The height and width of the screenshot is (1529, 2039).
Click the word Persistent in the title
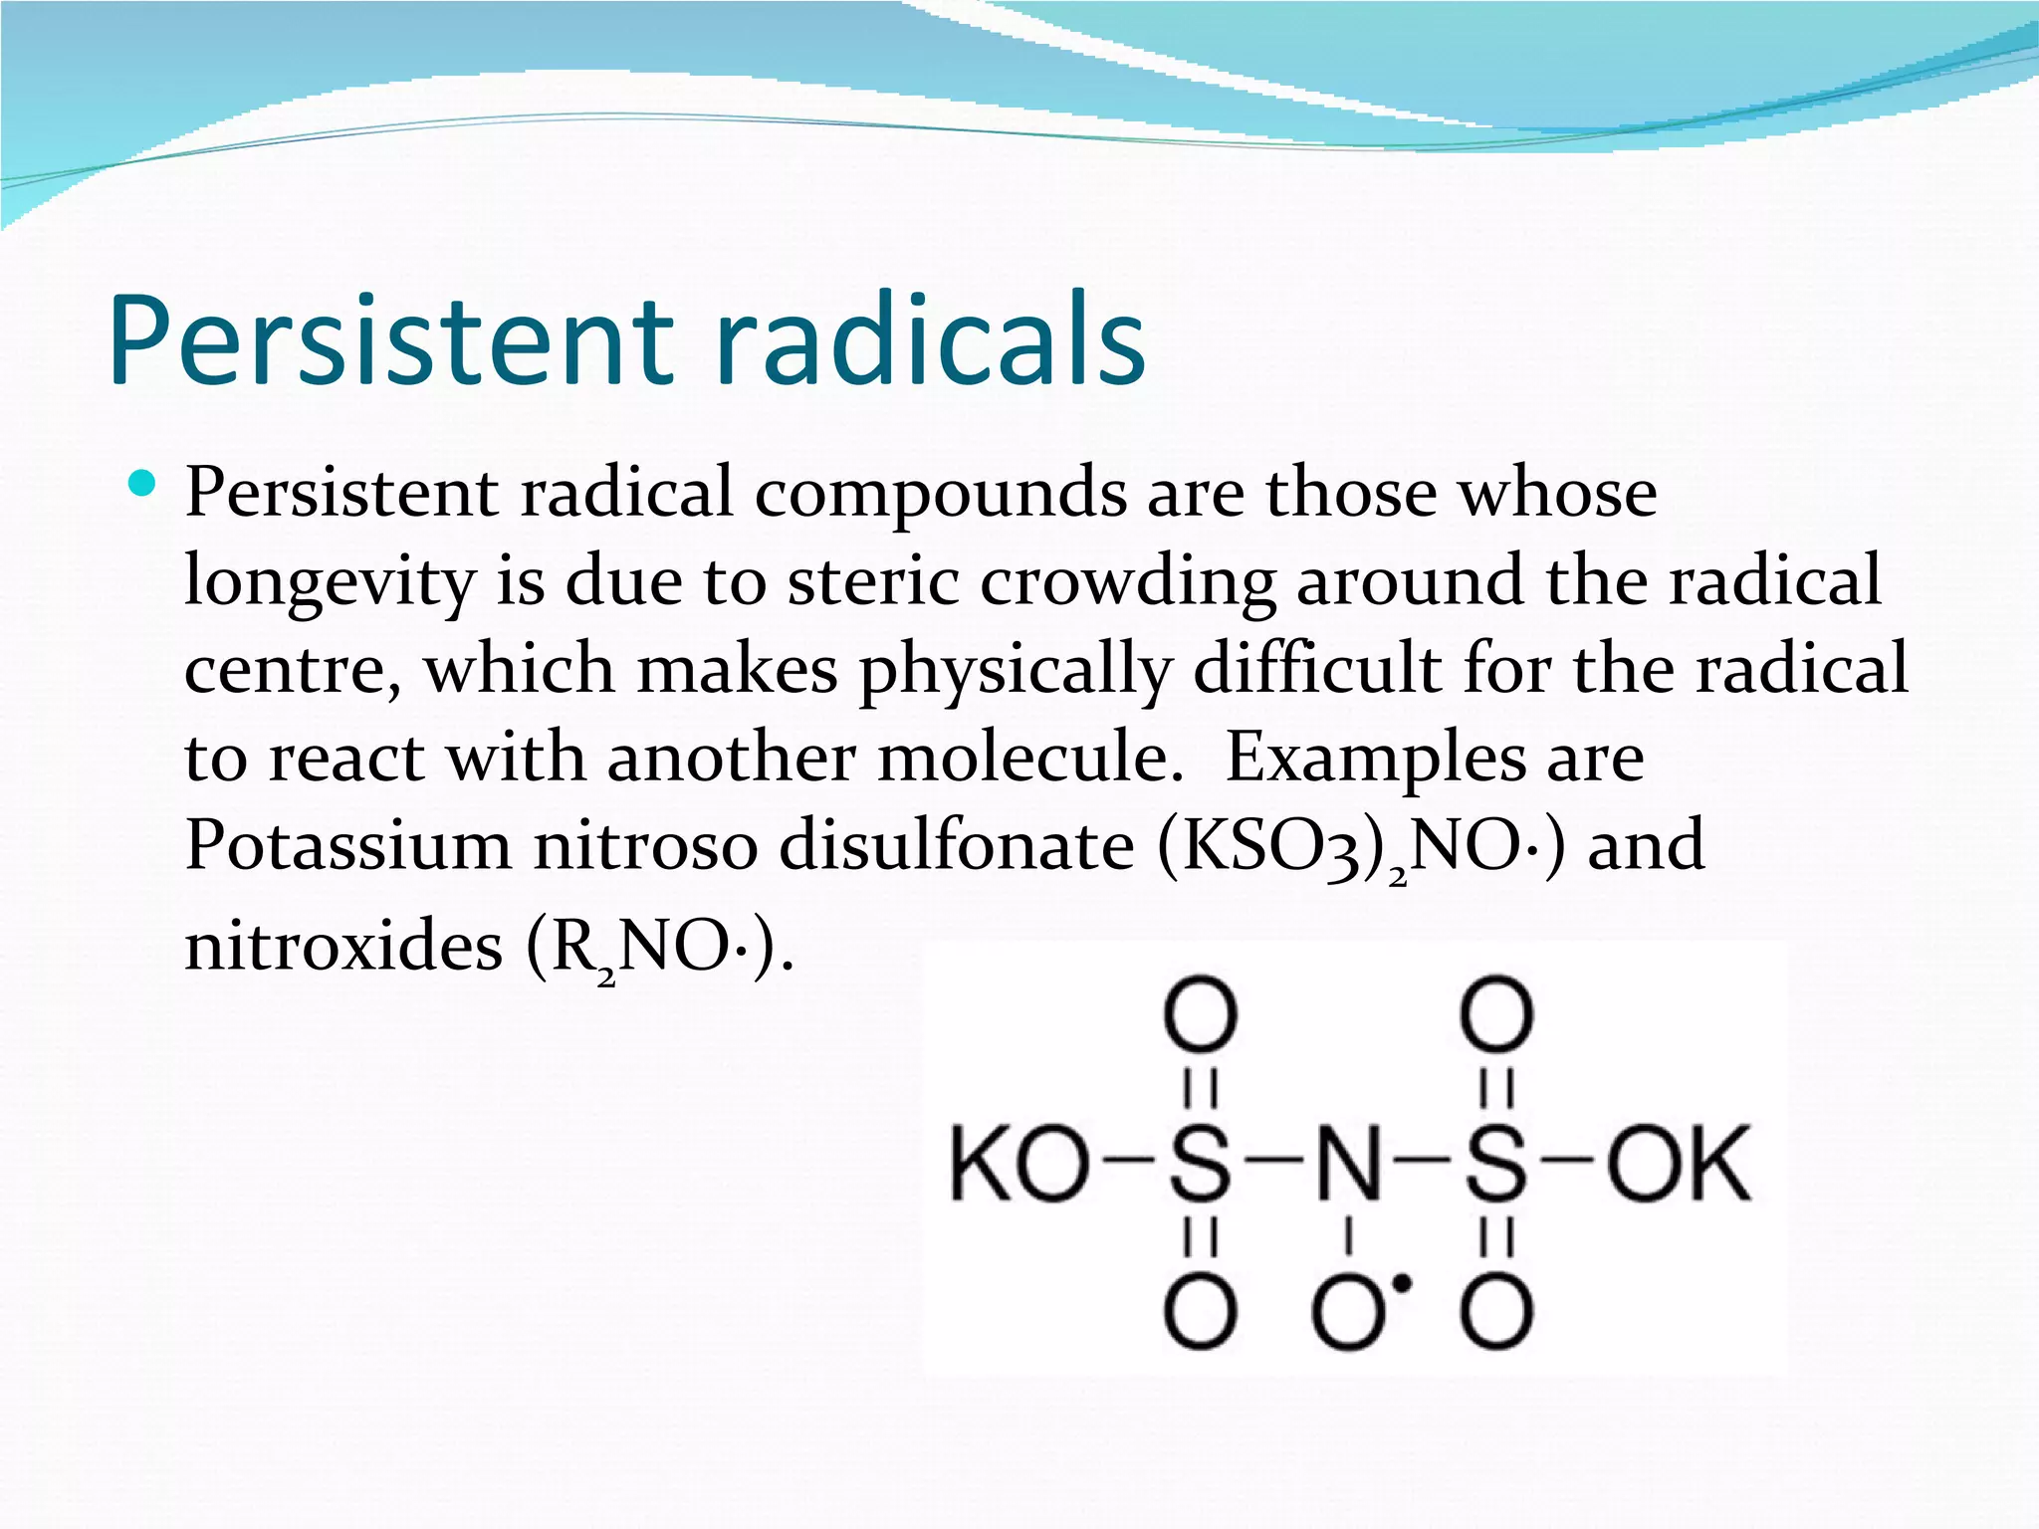click(x=390, y=340)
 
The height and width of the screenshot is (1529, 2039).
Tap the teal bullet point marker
click(x=143, y=485)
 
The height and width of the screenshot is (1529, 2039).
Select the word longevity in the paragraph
click(x=329, y=582)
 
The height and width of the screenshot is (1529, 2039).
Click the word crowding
click(x=1127, y=582)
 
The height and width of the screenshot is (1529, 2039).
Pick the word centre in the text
click(x=291, y=669)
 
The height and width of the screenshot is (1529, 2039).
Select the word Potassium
click(x=347, y=845)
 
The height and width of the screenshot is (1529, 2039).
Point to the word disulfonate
click(x=956, y=845)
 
